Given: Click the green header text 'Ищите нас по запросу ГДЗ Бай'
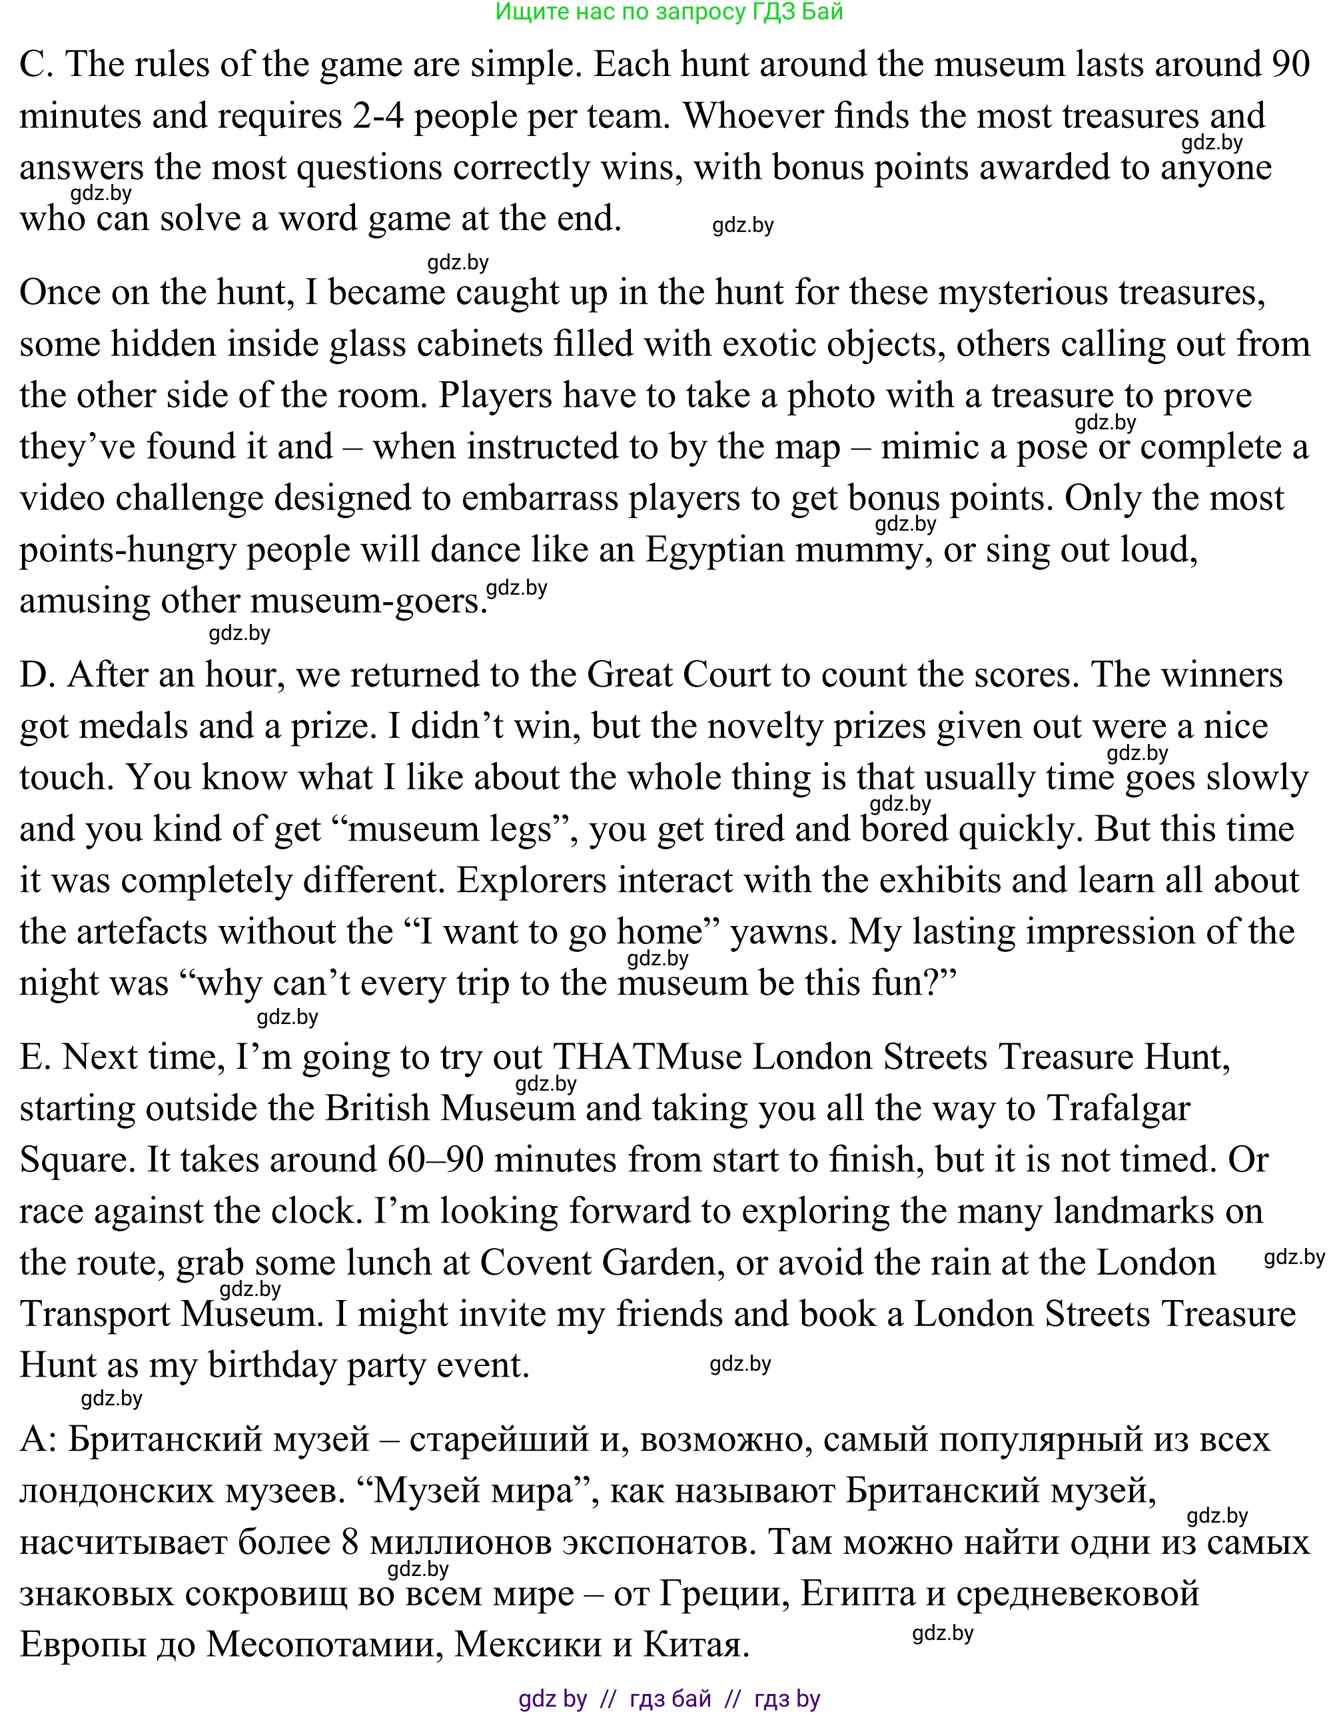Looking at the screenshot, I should [x=669, y=12].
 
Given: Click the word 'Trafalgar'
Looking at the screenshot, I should [x=1118, y=1109].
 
